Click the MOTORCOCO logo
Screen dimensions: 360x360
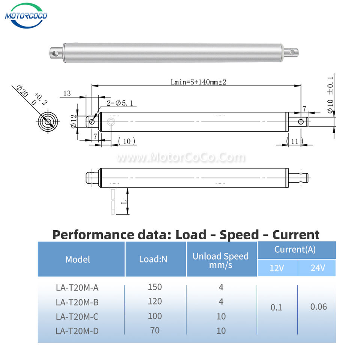(x=26, y=16)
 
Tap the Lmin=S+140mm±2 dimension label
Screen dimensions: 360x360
(x=198, y=82)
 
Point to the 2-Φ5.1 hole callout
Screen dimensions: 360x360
(x=120, y=103)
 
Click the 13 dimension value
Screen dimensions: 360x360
(x=67, y=93)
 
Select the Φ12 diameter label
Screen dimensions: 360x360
(x=73, y=121)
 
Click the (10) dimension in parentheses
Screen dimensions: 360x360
(x=127, y=141)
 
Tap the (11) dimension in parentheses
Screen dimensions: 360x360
(x=295, y=141)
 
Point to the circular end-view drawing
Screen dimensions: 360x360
(x=48, y=121)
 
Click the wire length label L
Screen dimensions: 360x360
(x=124, y=202)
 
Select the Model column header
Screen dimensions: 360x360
(x=78, y=259)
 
